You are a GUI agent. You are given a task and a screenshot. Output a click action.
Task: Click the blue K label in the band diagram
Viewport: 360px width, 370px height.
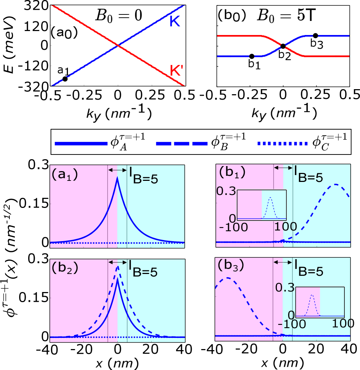coord(175,22)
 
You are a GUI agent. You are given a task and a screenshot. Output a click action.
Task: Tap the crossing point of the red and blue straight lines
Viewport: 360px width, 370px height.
coord(118,45)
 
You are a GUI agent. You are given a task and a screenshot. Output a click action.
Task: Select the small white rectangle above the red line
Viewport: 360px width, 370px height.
coord(231,33)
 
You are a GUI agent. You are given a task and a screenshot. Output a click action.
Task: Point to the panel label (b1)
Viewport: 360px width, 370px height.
coord(232,173)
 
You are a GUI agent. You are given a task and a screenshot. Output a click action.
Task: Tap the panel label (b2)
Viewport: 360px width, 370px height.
coord(65,268)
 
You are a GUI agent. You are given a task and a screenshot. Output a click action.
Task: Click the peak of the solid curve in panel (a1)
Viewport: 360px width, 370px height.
coord(117,177)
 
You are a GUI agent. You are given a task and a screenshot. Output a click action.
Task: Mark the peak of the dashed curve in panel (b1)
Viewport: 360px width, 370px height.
coord(336,184)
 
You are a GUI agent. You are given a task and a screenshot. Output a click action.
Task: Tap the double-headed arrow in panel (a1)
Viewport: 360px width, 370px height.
coord(117,169)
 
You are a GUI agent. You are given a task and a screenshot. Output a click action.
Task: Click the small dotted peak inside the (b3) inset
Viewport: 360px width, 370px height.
coord(312,295)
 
